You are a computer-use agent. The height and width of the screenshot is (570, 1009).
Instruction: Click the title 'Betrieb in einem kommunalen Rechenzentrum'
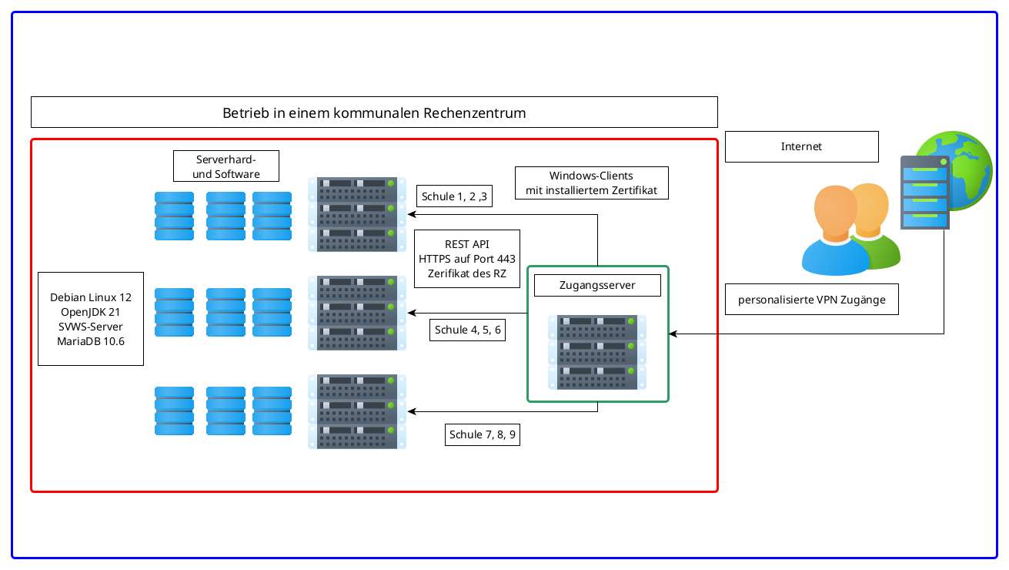click(x=374, y=112)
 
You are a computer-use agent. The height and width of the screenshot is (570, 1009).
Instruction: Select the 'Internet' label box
click(x=801, y=146)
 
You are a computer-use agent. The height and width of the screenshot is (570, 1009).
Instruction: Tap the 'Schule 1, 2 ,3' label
click(x=455, y=196)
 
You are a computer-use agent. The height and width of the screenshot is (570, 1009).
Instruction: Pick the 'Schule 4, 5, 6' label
click(x=467, y=330)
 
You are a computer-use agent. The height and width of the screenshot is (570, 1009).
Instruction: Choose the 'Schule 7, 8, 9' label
click(x=483, y=434)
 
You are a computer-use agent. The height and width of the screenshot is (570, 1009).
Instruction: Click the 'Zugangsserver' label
click(x=597, y=285)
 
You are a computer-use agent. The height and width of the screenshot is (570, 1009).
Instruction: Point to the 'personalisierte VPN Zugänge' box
click(x=810, y=300)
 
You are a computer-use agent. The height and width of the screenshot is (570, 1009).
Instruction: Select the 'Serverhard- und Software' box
click(x=226, y=166)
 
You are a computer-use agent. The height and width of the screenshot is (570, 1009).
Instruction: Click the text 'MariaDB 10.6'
click(x=91, y=340)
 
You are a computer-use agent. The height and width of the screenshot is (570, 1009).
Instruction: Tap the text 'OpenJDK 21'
click(x=91, y=312)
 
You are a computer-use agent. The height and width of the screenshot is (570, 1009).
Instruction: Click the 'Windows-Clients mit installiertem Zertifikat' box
click(x=591, y=183)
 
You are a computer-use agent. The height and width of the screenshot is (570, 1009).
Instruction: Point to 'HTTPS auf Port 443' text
click(x=467, y=259)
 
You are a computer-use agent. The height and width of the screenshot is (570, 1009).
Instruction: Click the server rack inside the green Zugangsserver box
click(x=597, y=351)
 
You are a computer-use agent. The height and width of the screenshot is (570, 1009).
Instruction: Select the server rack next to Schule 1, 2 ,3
click(x=357, y=213)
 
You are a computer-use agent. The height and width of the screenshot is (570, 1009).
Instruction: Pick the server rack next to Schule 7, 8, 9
click(x=357, y=411)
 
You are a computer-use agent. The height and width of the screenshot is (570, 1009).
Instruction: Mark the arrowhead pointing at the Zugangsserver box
click(x=673, y=334)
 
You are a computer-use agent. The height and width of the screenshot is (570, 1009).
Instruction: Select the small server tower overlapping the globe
click(x=924, y=193)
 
